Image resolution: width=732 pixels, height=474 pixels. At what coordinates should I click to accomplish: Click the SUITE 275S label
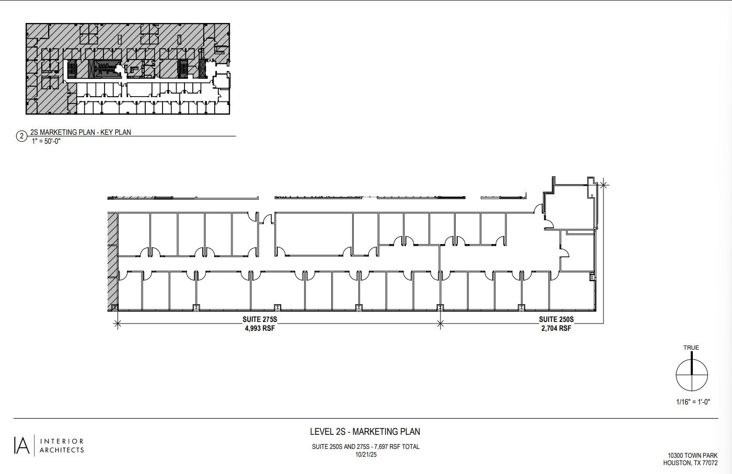259,319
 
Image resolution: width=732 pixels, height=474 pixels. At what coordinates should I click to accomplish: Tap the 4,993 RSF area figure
260,329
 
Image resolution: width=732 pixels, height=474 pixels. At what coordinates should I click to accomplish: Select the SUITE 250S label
556,319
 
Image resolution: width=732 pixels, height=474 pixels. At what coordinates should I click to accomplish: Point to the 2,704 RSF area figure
556,329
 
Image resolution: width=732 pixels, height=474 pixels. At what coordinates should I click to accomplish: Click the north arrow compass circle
692,375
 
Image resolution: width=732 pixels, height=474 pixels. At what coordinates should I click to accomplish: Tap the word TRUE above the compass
691,348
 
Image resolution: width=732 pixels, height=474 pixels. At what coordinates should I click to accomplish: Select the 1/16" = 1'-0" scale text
692,402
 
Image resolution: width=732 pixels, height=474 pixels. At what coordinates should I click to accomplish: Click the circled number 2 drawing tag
21,136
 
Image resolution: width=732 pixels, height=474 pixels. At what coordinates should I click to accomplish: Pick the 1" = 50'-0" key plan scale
47,141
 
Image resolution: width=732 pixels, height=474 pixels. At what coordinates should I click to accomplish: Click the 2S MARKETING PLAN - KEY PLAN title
80,132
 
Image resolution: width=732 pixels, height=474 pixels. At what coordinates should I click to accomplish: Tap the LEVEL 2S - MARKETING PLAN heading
365,432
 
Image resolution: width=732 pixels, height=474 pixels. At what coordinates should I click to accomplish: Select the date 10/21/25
366,455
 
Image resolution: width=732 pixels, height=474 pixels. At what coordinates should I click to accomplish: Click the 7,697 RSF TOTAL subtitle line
366,447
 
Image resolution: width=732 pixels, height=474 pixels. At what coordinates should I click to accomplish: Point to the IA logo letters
21,445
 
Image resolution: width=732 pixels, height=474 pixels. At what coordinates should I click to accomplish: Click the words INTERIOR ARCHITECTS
62,446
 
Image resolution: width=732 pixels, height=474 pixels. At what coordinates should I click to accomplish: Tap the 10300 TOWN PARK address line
692,456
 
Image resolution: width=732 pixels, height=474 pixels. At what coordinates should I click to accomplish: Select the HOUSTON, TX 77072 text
690,463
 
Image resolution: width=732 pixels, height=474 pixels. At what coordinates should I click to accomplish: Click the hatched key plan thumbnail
127,68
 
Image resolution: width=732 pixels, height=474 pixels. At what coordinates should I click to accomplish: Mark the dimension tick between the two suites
440,324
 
